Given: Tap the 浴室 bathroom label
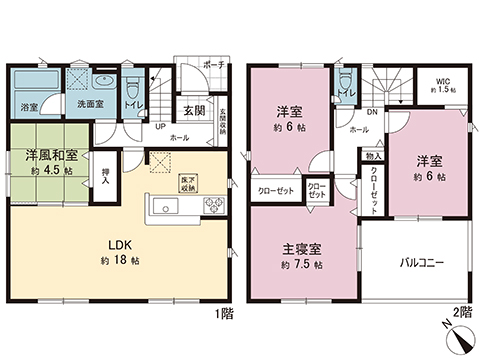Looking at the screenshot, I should click(31, 106).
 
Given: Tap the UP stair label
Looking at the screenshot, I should click(160, 127).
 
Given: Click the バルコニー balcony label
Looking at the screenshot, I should click(422, 262).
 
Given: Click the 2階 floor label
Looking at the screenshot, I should click(461, 312).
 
